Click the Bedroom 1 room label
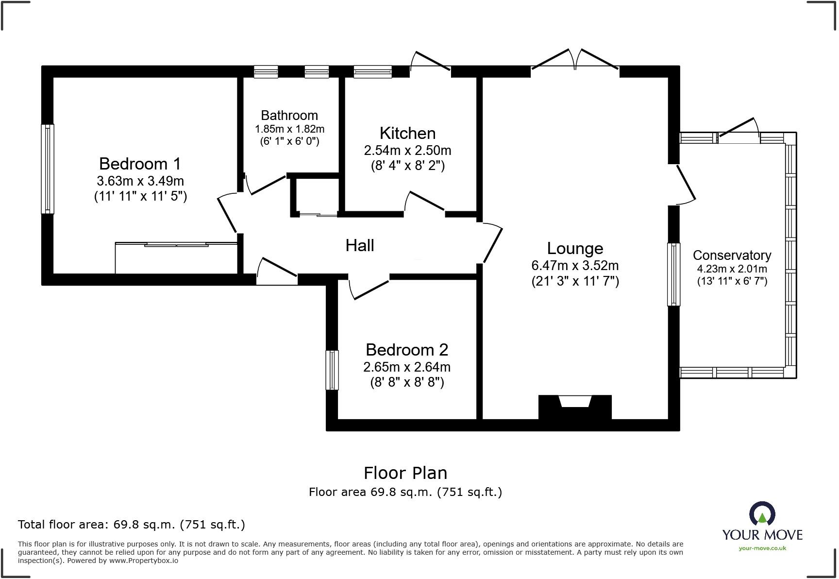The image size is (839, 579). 140,164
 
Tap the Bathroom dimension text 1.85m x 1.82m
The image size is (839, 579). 289,129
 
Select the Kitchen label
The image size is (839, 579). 407,133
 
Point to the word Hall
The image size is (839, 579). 359,245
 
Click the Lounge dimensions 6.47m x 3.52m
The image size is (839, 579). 575,266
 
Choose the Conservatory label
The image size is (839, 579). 732,255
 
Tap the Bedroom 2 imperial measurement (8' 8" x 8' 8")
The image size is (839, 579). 407,382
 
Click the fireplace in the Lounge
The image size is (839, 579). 575,407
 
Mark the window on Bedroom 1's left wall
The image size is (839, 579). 48,169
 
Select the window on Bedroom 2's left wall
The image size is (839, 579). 332,370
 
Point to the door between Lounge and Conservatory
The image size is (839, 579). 685,185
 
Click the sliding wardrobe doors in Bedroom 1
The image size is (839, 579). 177,245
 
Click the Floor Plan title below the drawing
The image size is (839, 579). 405,473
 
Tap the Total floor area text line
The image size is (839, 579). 131,525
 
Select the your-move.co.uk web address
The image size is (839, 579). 762,548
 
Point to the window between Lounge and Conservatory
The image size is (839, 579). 673,274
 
